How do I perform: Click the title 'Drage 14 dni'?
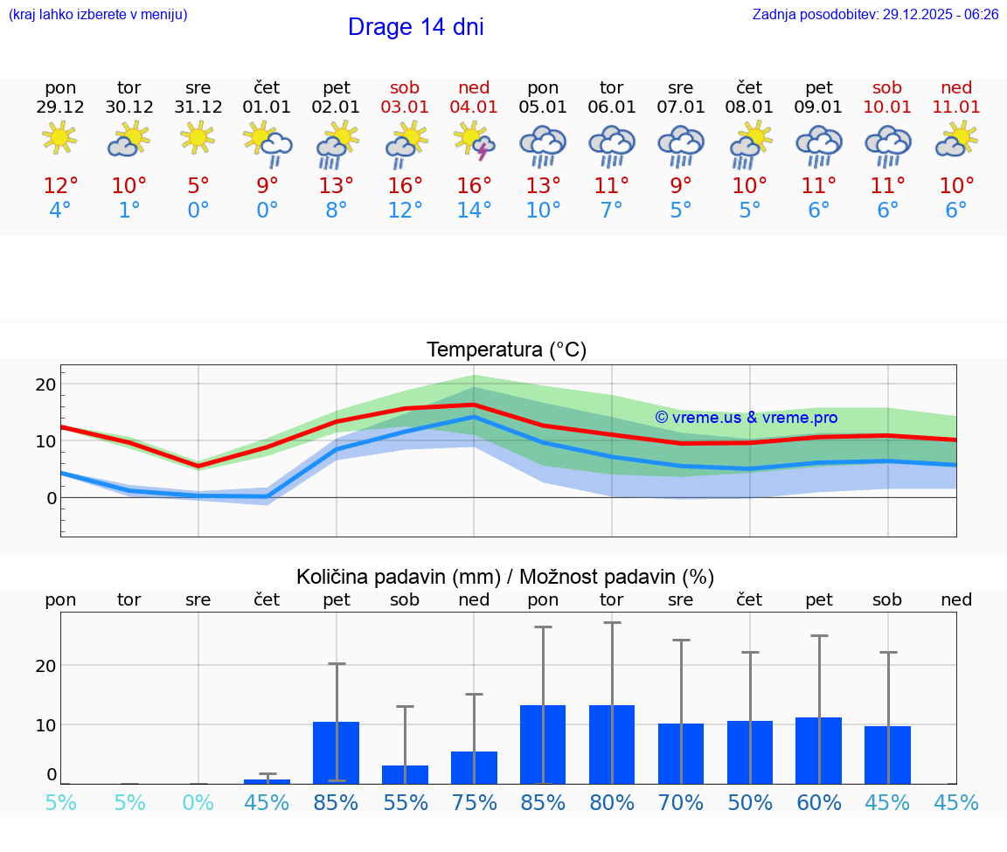[x=415, y=27]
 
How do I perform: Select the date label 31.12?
[x=198, y=107]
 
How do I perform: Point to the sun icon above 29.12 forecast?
[x=59, y=138]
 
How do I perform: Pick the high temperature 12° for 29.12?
[x=60, y=186]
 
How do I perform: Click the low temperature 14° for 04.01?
[x=474, y=211]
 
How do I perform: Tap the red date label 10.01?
[x=887, y=107]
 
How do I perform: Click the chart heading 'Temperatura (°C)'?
[x=506, y=350]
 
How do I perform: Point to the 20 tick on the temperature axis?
[x=45, y=384]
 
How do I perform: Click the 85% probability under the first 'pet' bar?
[x=337, y=803]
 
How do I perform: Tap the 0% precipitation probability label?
[x=198, y=803]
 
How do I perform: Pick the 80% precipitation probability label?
[x=612, y=803]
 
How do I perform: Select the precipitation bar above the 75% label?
[x=474, y=768]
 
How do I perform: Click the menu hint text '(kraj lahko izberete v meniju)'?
[x=98, y=15]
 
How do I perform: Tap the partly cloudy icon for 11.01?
[x=956, y=140]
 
